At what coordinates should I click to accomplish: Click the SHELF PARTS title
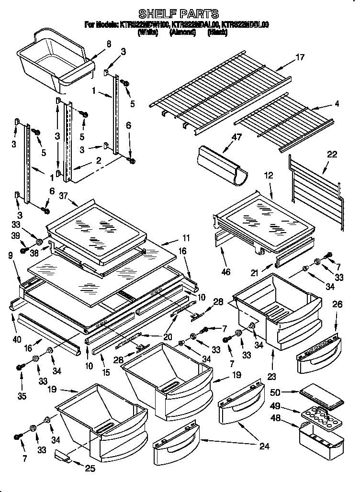[x=178, y=13]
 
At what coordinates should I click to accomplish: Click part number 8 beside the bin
[x=109, y=44]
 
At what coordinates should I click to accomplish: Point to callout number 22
[x=332, y=154]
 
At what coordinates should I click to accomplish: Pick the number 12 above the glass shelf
[x=269, y=176]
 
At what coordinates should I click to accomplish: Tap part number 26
[x=337, y=304]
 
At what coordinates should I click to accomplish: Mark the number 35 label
[x=21, y=397]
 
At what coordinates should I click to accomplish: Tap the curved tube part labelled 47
[x=222, y=164]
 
